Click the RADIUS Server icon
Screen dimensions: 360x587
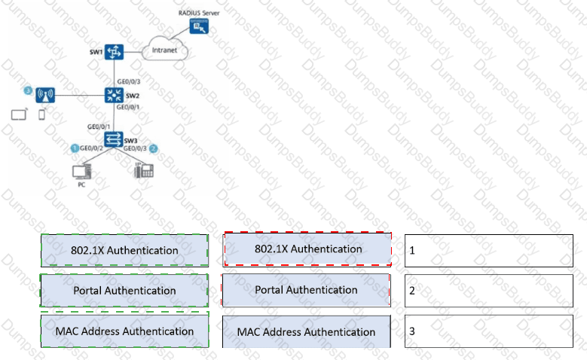pyautogui.click(x=200, y=27)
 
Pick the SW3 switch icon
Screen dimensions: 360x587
pyautogui.click(x=113, y=139)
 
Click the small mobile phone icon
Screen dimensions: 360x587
pyautogui.click(x=41, y=116)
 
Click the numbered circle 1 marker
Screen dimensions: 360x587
pyautogui.click(x=75, y=148)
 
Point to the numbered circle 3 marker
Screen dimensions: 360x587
pyautogui.click(x=28, y=91)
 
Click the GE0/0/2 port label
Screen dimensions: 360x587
pyautogui.click(x=93, y=149)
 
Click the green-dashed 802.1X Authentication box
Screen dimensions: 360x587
pyautogui.click(x=124, y=250)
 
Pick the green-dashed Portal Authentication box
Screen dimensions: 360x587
pyautogui.click(x=124, y=291)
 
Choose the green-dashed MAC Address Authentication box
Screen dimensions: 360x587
pyautogui.click(x=124, y=331)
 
